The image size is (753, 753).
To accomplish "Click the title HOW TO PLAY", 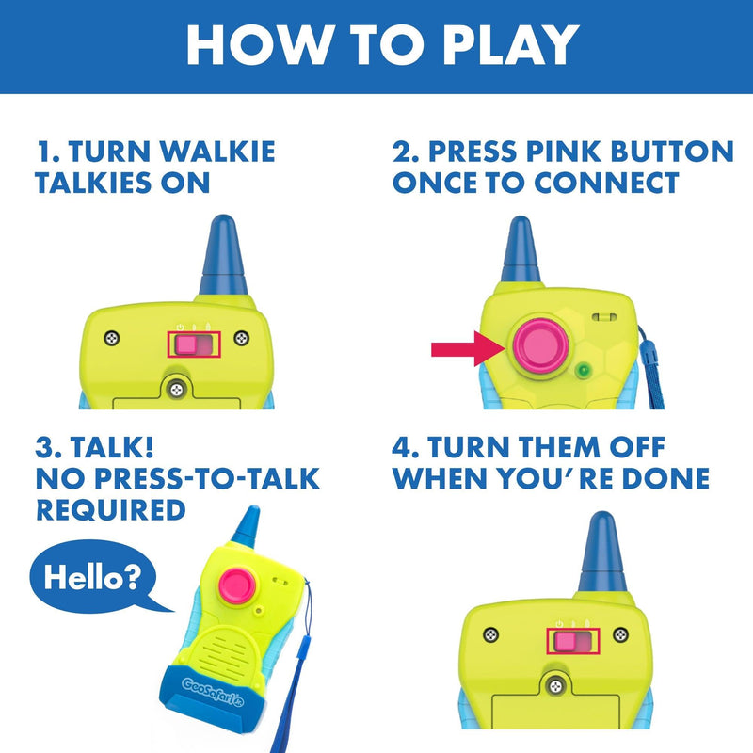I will [x=376, y=44].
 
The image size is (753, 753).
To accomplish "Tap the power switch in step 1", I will [x=194, y=345].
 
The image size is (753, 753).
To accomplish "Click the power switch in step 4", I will [x=574, y=644].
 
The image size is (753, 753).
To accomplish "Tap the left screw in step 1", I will [x=113, y=337].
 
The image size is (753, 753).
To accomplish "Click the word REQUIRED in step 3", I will [x=110, y=509].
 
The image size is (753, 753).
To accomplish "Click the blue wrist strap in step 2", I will [x=649, y=362].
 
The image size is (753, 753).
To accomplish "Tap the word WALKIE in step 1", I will [x=219, y=151].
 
